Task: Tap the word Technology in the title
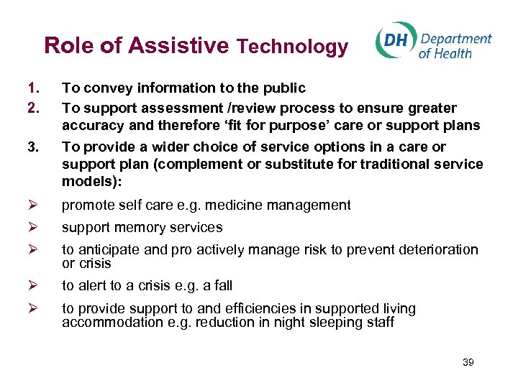click(292, 47)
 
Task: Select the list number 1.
click(31, 88)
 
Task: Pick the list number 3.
click(31, 147)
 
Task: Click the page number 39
click(468, 363)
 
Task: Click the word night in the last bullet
click(271, 322)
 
